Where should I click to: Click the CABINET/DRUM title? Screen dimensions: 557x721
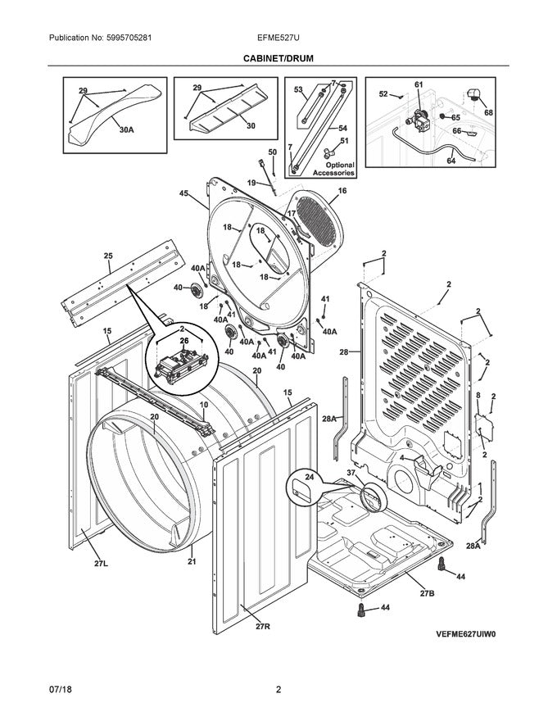278,58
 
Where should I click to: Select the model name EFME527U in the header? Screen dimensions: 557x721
278,38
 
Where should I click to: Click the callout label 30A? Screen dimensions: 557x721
126,130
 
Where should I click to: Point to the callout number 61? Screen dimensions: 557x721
419,84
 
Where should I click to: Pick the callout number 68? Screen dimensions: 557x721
488,112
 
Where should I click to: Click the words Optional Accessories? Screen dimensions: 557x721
334,169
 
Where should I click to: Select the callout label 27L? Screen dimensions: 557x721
101,564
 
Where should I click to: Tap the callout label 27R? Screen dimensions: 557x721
263,626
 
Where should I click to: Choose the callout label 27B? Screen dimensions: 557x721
427,593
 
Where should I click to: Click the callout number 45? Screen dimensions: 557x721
183,193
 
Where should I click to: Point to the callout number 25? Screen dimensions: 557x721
108,256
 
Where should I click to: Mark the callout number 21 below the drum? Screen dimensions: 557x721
192,561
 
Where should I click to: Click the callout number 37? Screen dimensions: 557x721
351,474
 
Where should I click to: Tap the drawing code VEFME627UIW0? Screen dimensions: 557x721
466,634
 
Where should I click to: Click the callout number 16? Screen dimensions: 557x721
342,191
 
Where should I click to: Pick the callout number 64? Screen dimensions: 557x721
451,161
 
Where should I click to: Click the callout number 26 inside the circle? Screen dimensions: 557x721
183,341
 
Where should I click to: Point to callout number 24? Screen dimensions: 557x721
310,478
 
